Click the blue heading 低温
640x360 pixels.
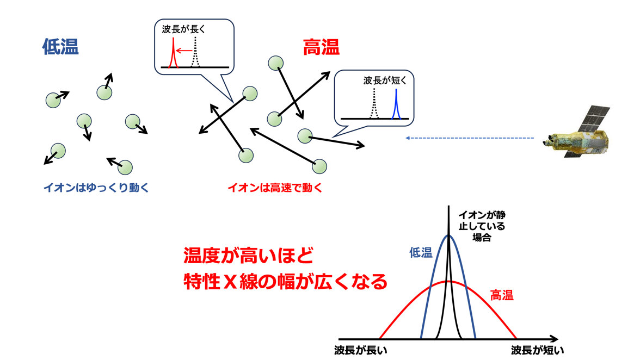point(60,46)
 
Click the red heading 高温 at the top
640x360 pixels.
point(321,47)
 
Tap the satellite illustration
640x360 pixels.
point(576,132)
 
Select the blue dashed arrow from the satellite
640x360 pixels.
point(469,138)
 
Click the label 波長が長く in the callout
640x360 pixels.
point(183,29)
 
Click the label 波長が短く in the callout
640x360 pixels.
point(385,80)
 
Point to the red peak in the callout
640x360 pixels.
point(173,53)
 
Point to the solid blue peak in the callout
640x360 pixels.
point(396,104)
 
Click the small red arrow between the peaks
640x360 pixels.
point(184,51)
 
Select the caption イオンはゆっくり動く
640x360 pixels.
point(96,188)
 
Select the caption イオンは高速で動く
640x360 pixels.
point(275,188)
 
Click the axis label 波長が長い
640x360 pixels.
point(360,350)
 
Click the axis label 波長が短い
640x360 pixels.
point(537,350)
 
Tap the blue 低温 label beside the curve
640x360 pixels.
point(421,253)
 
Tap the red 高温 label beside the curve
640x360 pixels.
point(502,295)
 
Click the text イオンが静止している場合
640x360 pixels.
point(482,226)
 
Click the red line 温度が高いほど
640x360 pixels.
point(248,256)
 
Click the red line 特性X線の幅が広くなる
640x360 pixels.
point(285,282)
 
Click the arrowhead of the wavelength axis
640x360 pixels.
point(554,339)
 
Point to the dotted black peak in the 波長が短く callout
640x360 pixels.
point(374,104)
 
